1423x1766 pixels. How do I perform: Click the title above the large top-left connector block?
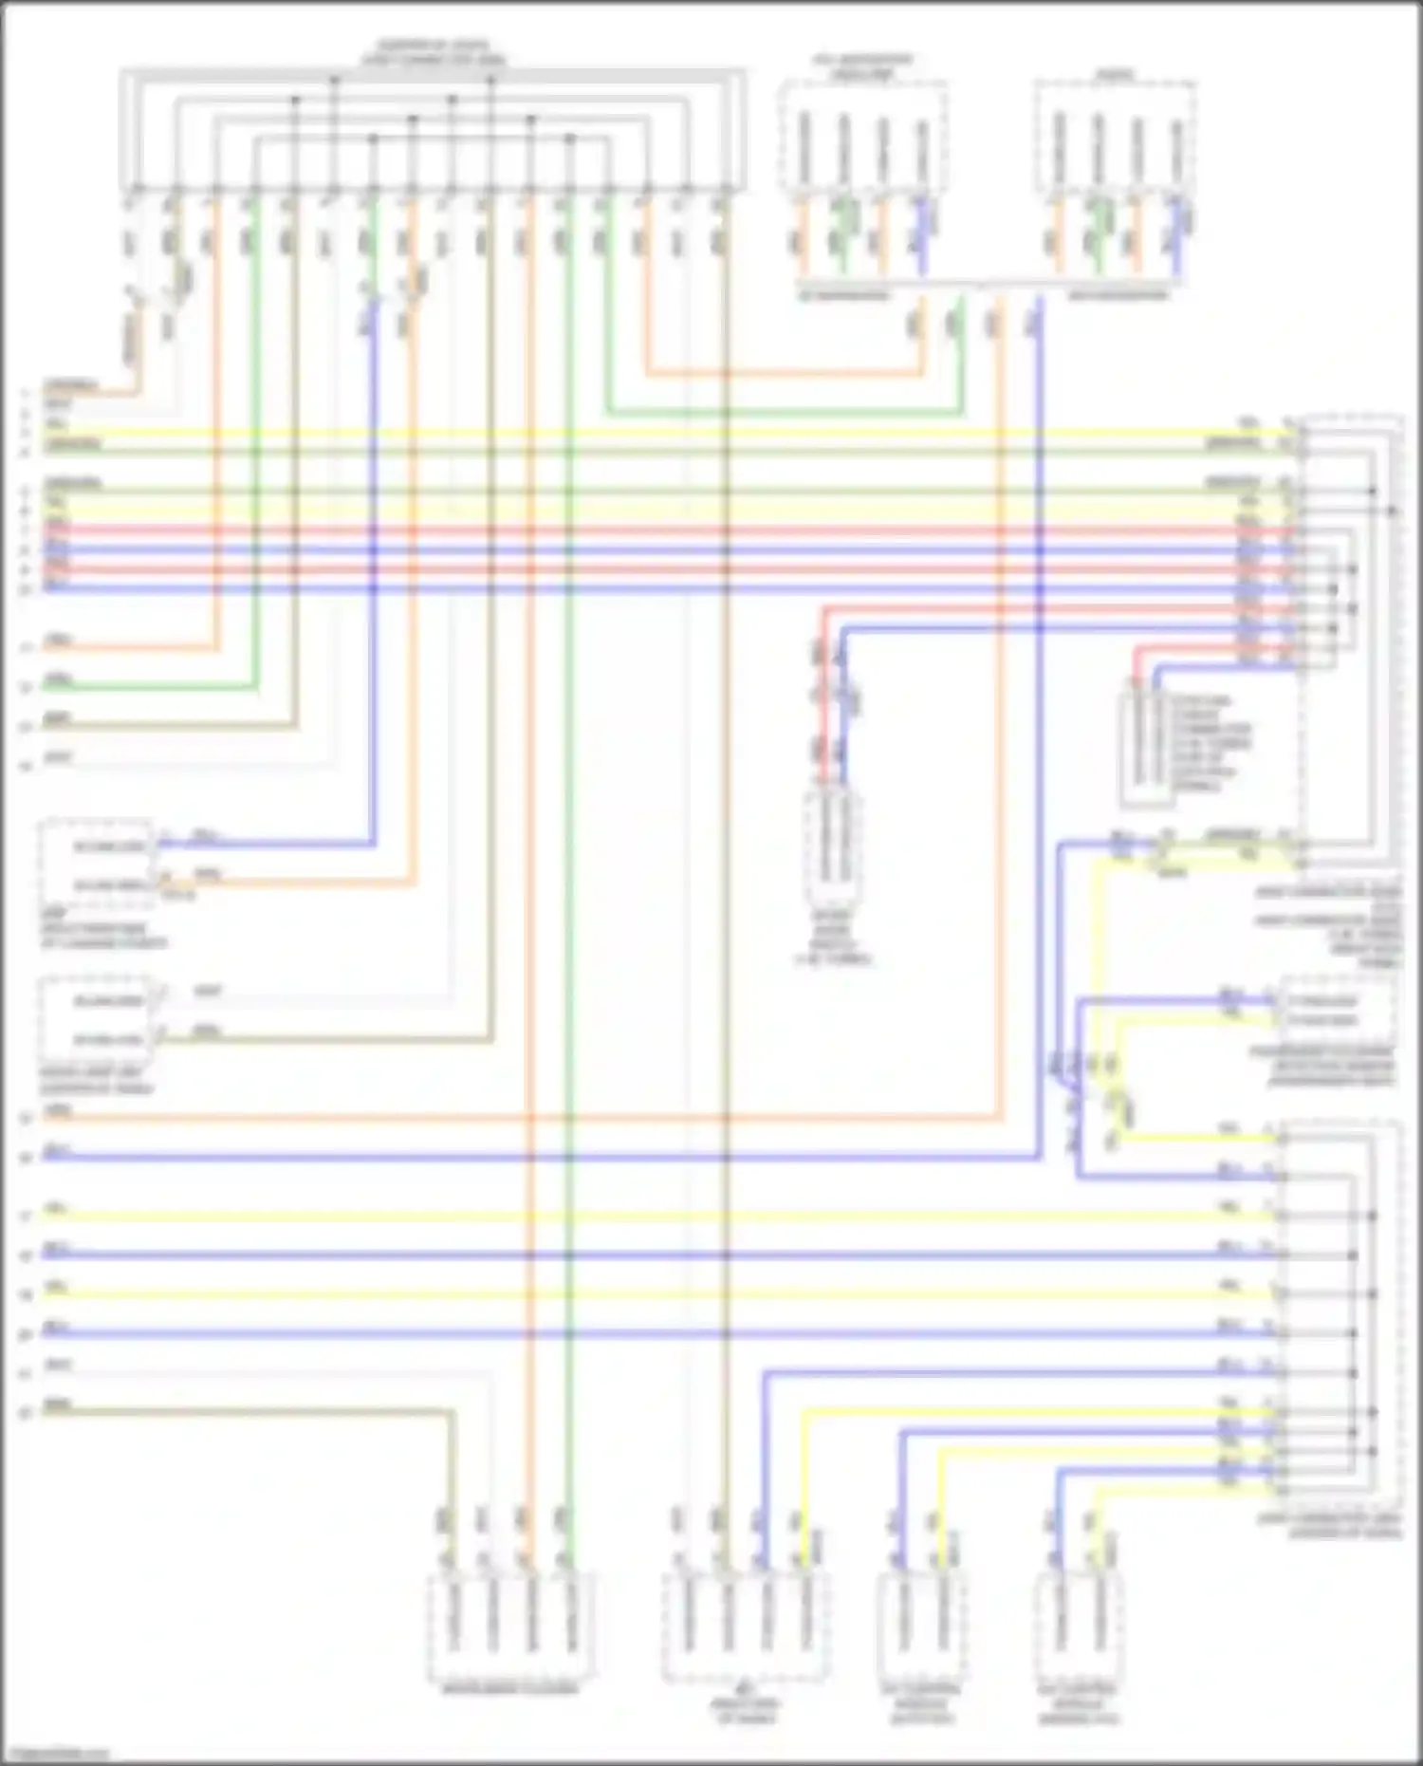(x=433, y=52)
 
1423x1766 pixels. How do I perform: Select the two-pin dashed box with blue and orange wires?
(x=99, y=864)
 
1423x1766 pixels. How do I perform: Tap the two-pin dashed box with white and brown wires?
(x=99, y=1019)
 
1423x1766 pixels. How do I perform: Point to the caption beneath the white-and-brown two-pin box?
(x=95, y=1081)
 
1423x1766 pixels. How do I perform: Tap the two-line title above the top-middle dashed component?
(x=862, y=66)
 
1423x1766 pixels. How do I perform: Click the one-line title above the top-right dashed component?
(x=1114, y=74)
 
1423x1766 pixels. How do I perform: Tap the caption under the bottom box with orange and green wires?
(x=510, y=1690)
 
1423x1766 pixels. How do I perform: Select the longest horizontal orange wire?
(x=522, y=1120)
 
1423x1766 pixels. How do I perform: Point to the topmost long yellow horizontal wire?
(x=664, y=433)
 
